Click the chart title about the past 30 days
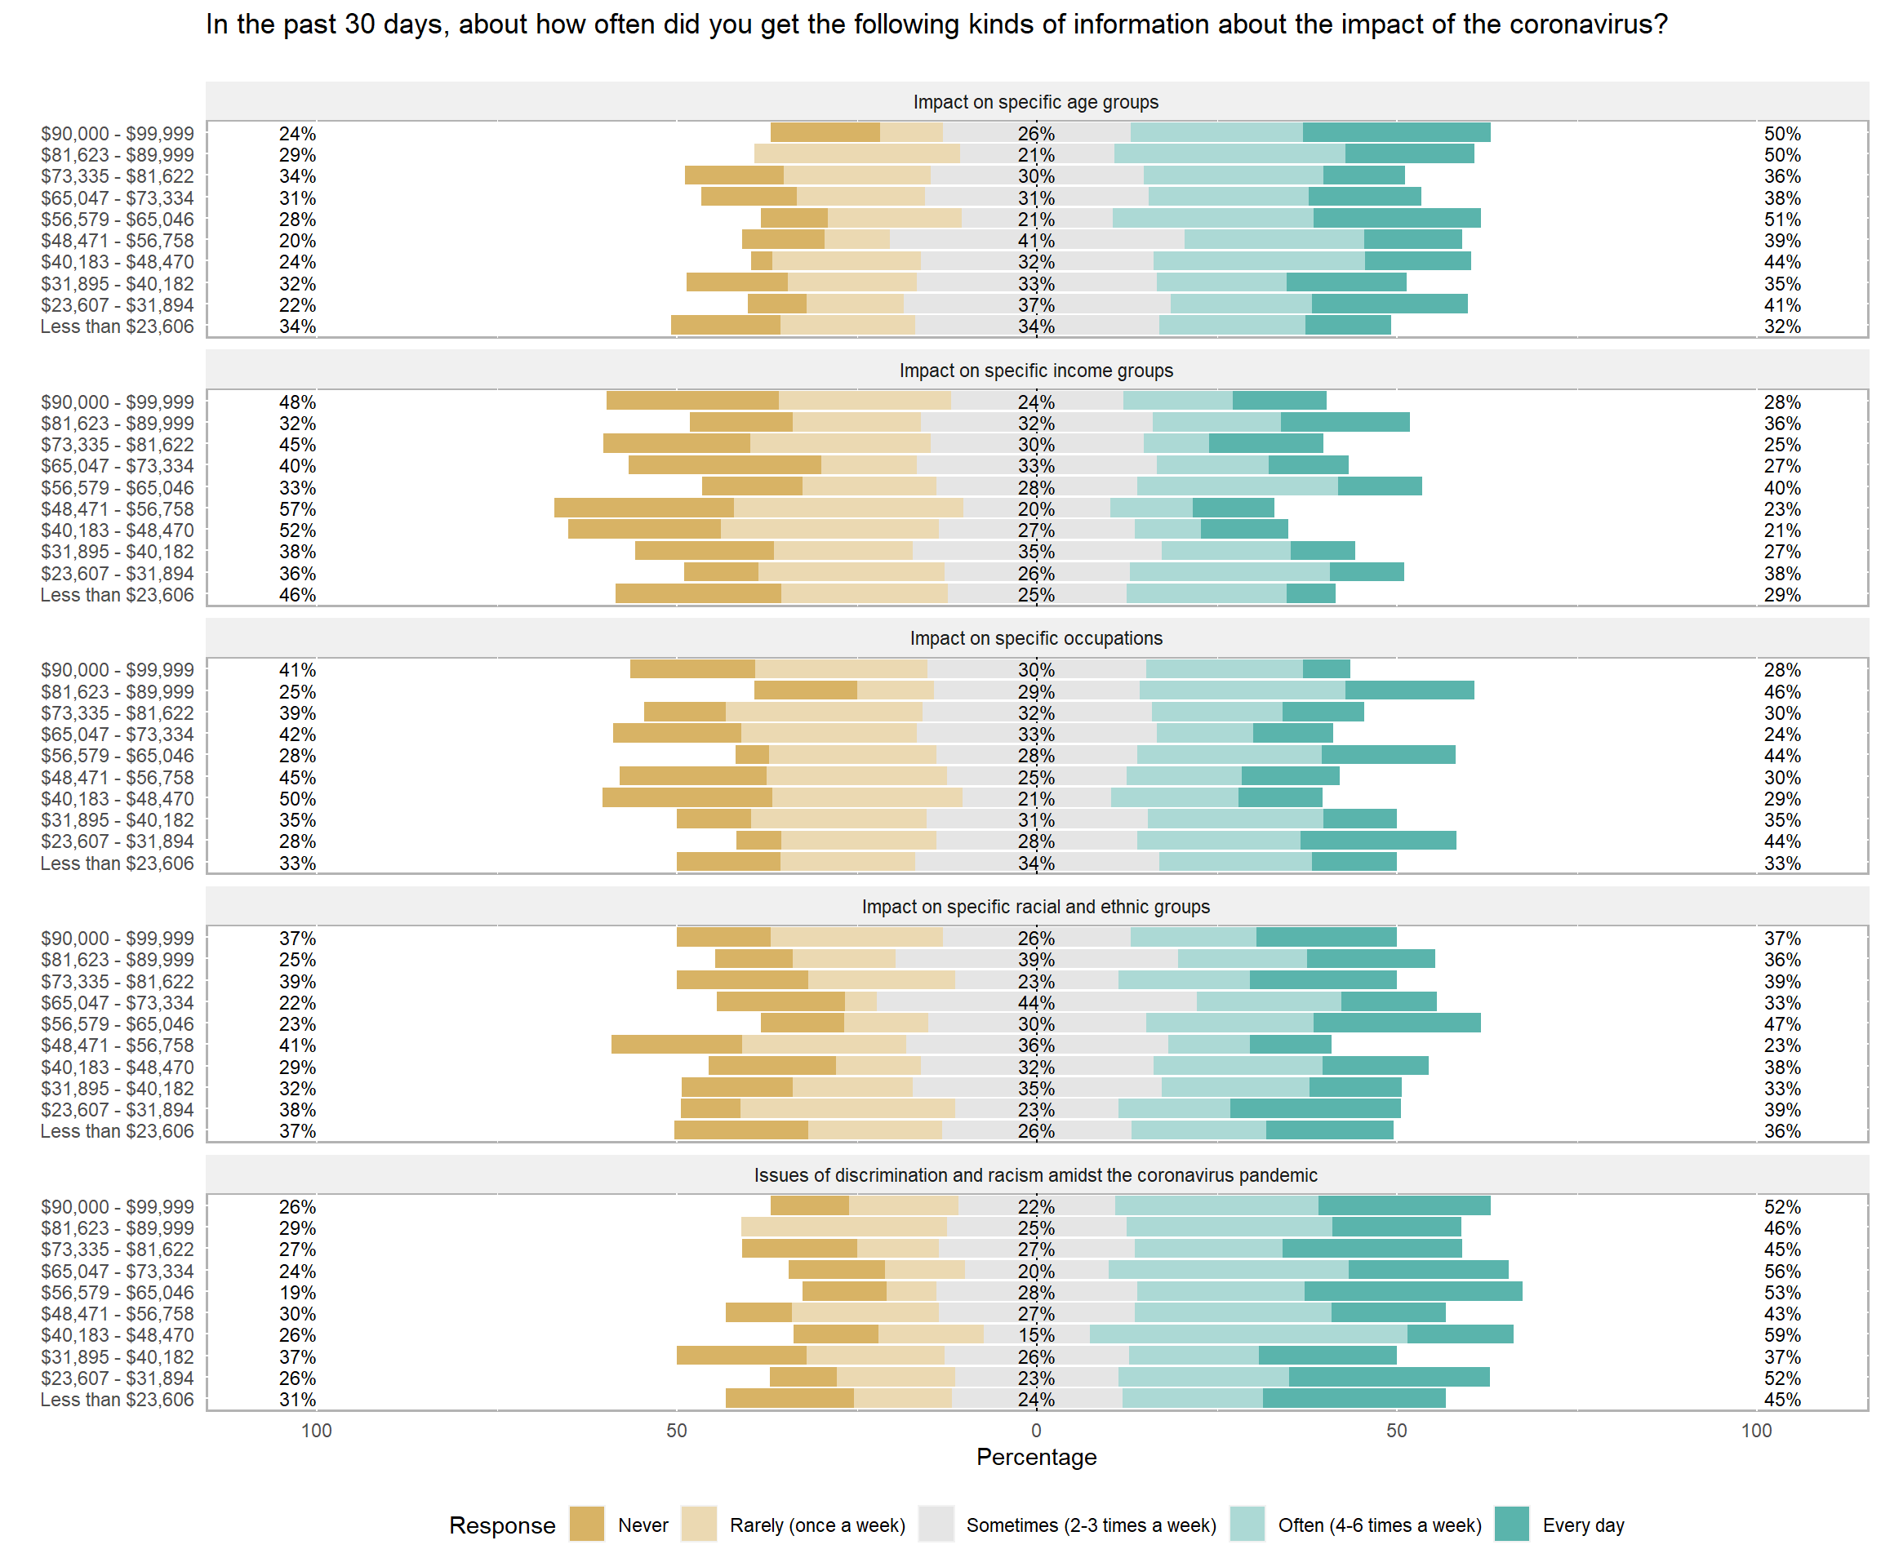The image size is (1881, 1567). pyautogui.click(x=936, y=24)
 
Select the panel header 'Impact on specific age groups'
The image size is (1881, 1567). pyautogui.click(x=1035, y=102)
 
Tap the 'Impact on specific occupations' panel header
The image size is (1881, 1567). pyautogui.click(x=1035, y=638)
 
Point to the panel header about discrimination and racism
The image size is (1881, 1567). pyautogui.click(x=1035, y=1174)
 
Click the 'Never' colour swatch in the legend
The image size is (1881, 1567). pyautogui.click(x=587, y=1525)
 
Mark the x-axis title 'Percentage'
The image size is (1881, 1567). pyautogui.click(x=1036, y=1457)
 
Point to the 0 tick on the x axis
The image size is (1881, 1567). pyautogui.click(x=1036, y=1430)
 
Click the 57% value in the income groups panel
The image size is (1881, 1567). pyautogui.click(x=297, y=509)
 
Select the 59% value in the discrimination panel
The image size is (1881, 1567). pyautogui.click(x=1782, y=1335)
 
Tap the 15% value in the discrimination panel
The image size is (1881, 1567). pyautogui.click(x=1036, y=1335)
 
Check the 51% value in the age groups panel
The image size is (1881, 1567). pyautogui.click(x=1782, y=220)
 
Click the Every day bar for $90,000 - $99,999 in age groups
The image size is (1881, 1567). pyautogui.click(x=1396, y=132)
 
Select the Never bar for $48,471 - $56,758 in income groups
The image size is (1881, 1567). pyautogui.click(x=644, y=508)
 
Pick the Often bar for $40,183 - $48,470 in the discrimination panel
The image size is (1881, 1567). pyautogui.click(x=1247, y=1334)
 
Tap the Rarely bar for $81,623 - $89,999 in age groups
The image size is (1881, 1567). pyautogui.click(x=857, y=154)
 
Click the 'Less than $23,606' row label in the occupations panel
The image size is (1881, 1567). pyautogui.click(x=118, y=863)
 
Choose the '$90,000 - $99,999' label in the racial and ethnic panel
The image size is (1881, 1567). pyautogui.click(x=118, y=939)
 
